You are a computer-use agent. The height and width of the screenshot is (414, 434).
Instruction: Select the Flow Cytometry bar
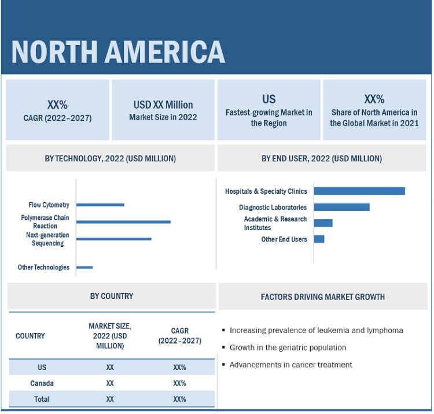[100, 205]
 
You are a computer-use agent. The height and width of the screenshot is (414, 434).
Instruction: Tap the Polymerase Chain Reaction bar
[123, 221]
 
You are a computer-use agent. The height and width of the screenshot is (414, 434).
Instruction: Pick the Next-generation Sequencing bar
[113, 239]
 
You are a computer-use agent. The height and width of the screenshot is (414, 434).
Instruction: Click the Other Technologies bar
[84, 267]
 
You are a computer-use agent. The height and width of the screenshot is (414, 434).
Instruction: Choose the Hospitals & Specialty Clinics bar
[359, 191]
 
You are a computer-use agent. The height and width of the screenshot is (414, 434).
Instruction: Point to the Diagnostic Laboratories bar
[341, 207]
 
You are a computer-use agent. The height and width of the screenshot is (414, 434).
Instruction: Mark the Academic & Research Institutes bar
[323, 223]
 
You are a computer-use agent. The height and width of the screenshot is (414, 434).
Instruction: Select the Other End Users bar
[319, 239]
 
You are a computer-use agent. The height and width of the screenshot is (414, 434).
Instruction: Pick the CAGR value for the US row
[179, 367]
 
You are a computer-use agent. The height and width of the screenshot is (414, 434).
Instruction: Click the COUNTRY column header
[30, 336]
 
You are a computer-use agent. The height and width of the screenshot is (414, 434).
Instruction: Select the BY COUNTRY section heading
[111, 296]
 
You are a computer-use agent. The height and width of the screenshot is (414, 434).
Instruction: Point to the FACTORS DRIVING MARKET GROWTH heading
[323, 297]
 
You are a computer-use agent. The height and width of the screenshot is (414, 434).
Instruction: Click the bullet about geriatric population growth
[288, 348]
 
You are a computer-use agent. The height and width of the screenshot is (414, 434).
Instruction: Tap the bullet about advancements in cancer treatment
[290, 365]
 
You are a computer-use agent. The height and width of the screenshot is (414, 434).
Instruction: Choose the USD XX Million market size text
[163, 105]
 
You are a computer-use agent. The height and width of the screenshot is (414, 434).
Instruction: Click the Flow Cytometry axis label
[49, 205]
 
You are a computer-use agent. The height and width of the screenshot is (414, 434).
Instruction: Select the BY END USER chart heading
[322, 158]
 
